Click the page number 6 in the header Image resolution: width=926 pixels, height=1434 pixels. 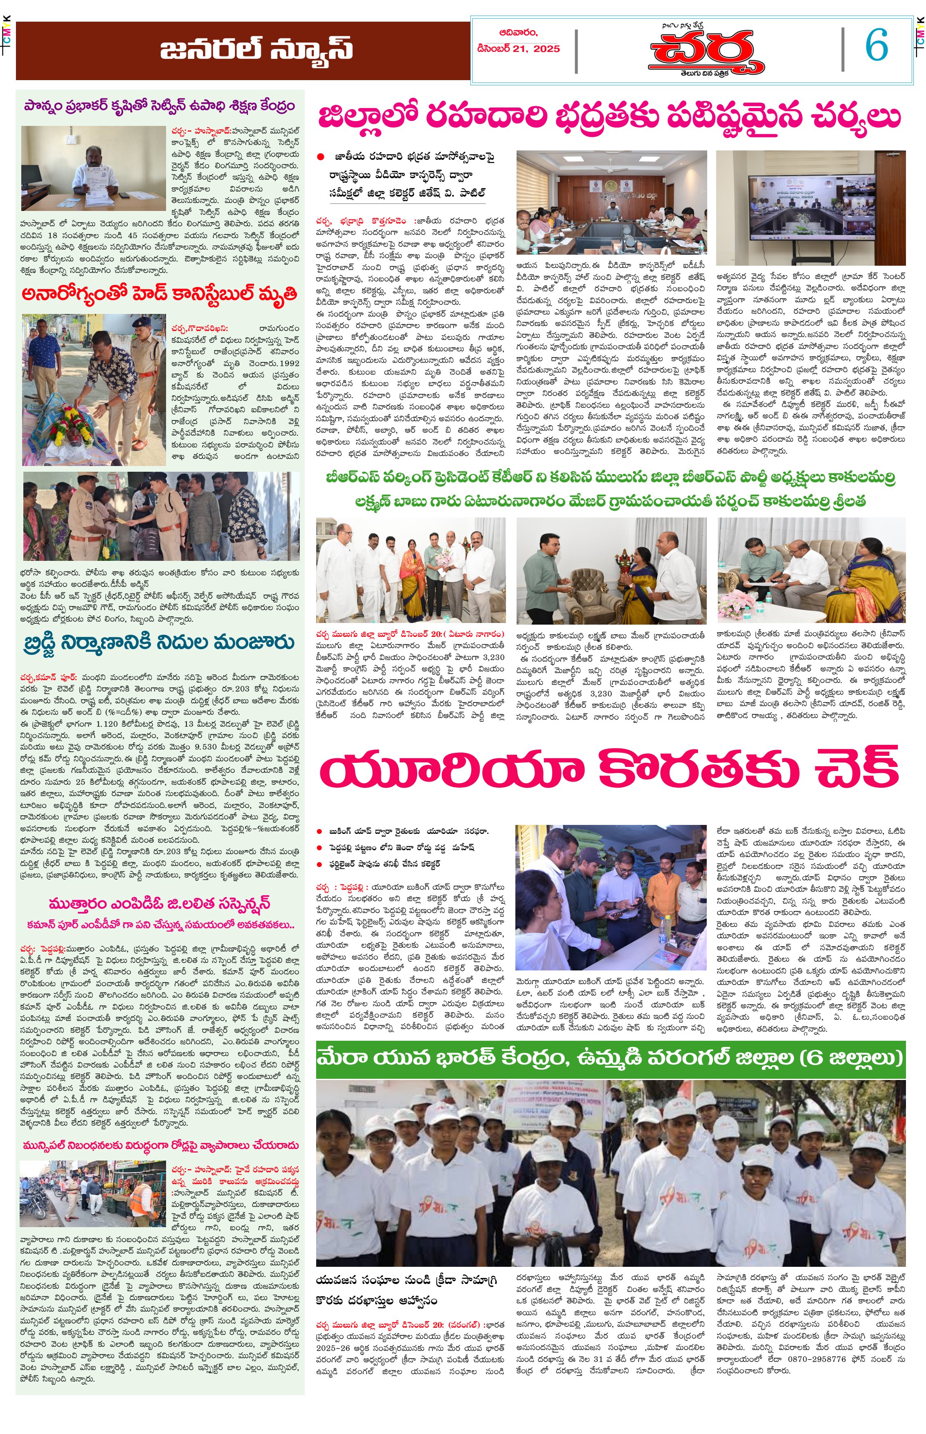pyautogui.click(x=877, y=46)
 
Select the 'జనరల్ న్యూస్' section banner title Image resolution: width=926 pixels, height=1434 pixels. pyautogui.click(x=256, y=50)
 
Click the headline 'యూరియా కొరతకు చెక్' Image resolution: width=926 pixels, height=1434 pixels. pyautogui.click(x=609, y=770)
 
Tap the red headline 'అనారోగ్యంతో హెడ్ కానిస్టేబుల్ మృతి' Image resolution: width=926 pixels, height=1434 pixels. pyautogui.click(x=160, y=294)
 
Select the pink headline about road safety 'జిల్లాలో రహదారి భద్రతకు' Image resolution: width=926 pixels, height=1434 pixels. pyautogui.click(x=609, y=117)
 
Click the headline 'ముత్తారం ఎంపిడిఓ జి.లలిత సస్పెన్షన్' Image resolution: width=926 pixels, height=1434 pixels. pyautogui.click(x=160, y=903)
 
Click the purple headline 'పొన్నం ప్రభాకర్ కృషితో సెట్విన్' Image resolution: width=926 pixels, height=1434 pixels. pyautogui.click(x=160, y=106)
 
